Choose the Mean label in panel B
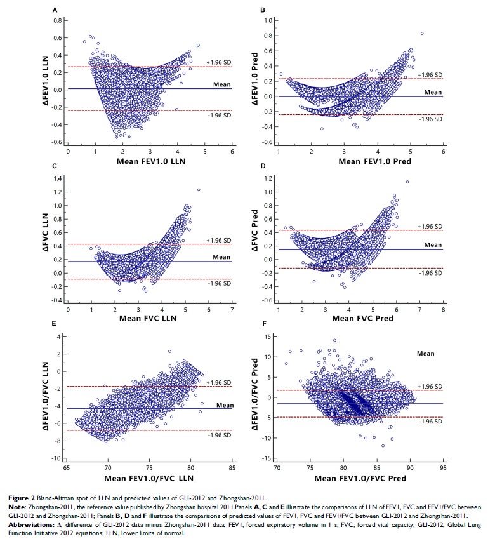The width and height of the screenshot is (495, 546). click(x=432, y=92)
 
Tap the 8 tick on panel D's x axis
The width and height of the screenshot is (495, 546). click(x=442, y=309)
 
